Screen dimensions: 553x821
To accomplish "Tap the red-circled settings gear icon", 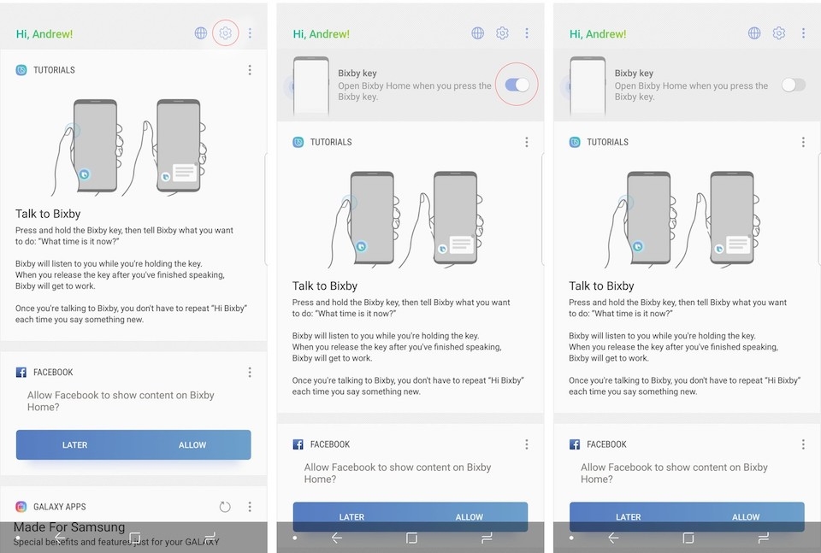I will pyautogui.click(x=225, y=33).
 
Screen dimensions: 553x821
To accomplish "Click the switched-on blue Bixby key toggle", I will pyautogui.click(x=517, y=85).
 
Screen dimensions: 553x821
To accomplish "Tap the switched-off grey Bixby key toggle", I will pyautogui.click(x=793, y=85).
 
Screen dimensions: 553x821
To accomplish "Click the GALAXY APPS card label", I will pyautogui.click(x=59, y=507).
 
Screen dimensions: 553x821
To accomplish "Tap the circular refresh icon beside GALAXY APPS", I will pyautogui.click(x=225, y=507).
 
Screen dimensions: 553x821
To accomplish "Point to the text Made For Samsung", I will pyautogui.click(x=70, y=527).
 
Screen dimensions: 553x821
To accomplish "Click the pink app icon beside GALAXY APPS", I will pyautogui.click(x=21, y=507).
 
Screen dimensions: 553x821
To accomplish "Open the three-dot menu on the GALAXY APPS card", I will pyautogui.click(x=250, y=507).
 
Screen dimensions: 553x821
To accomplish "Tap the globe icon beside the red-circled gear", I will pyautogui.click(x=201, y=33).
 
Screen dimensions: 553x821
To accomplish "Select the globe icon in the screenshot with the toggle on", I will pyautogui.click(x=478, y=33).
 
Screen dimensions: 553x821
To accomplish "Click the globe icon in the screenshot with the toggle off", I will pyautogui.click(x=754, y=33).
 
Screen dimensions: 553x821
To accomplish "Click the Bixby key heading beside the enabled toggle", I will pyautogui.click(x=357, y=74).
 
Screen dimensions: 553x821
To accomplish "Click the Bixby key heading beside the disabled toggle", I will pyautogui.click(x=634, y=74).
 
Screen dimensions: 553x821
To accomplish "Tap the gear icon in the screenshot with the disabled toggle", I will pyautogui.click(x=779, y=33).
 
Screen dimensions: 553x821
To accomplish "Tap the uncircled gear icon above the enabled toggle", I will pyautogui.click(x=502, y=33).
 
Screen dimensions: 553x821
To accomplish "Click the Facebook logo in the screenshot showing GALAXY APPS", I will pyautogui.click(x=21, y=373).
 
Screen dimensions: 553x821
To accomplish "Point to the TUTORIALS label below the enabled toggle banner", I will pyautogui.click(x=331, y=142).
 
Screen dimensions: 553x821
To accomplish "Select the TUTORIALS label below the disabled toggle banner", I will pyautogui.click(x=607, y=142).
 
